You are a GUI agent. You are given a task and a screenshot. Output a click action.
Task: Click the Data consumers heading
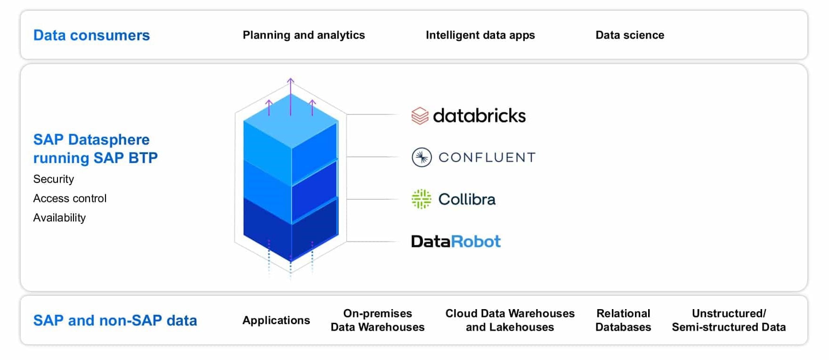91,35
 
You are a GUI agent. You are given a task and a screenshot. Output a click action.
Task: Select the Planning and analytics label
304,35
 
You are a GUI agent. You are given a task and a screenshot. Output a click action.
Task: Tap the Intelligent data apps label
480,35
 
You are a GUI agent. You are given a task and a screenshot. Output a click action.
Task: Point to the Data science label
630,35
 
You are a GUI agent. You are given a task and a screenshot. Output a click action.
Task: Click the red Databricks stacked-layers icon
420,115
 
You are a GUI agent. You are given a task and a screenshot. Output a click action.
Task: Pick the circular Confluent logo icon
422,157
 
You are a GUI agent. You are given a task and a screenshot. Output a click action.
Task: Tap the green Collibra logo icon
421,199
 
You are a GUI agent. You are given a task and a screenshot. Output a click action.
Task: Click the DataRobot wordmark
455,241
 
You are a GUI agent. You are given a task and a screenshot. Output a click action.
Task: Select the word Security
54,179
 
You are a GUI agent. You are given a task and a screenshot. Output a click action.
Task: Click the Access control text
70,198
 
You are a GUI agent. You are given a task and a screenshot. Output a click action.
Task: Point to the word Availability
59,218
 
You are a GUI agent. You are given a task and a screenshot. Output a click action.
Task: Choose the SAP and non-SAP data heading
115,320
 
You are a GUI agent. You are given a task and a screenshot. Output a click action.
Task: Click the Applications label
276,320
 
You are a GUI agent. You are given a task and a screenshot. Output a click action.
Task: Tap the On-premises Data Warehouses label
377,320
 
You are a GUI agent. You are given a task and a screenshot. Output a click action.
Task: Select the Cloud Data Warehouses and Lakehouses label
510,320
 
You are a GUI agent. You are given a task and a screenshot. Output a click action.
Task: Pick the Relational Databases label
623,320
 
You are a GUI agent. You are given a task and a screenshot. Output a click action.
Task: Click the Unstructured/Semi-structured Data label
729,320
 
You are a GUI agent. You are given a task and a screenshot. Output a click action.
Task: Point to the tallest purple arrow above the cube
291,94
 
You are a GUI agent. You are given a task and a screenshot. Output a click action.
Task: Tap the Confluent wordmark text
487,157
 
